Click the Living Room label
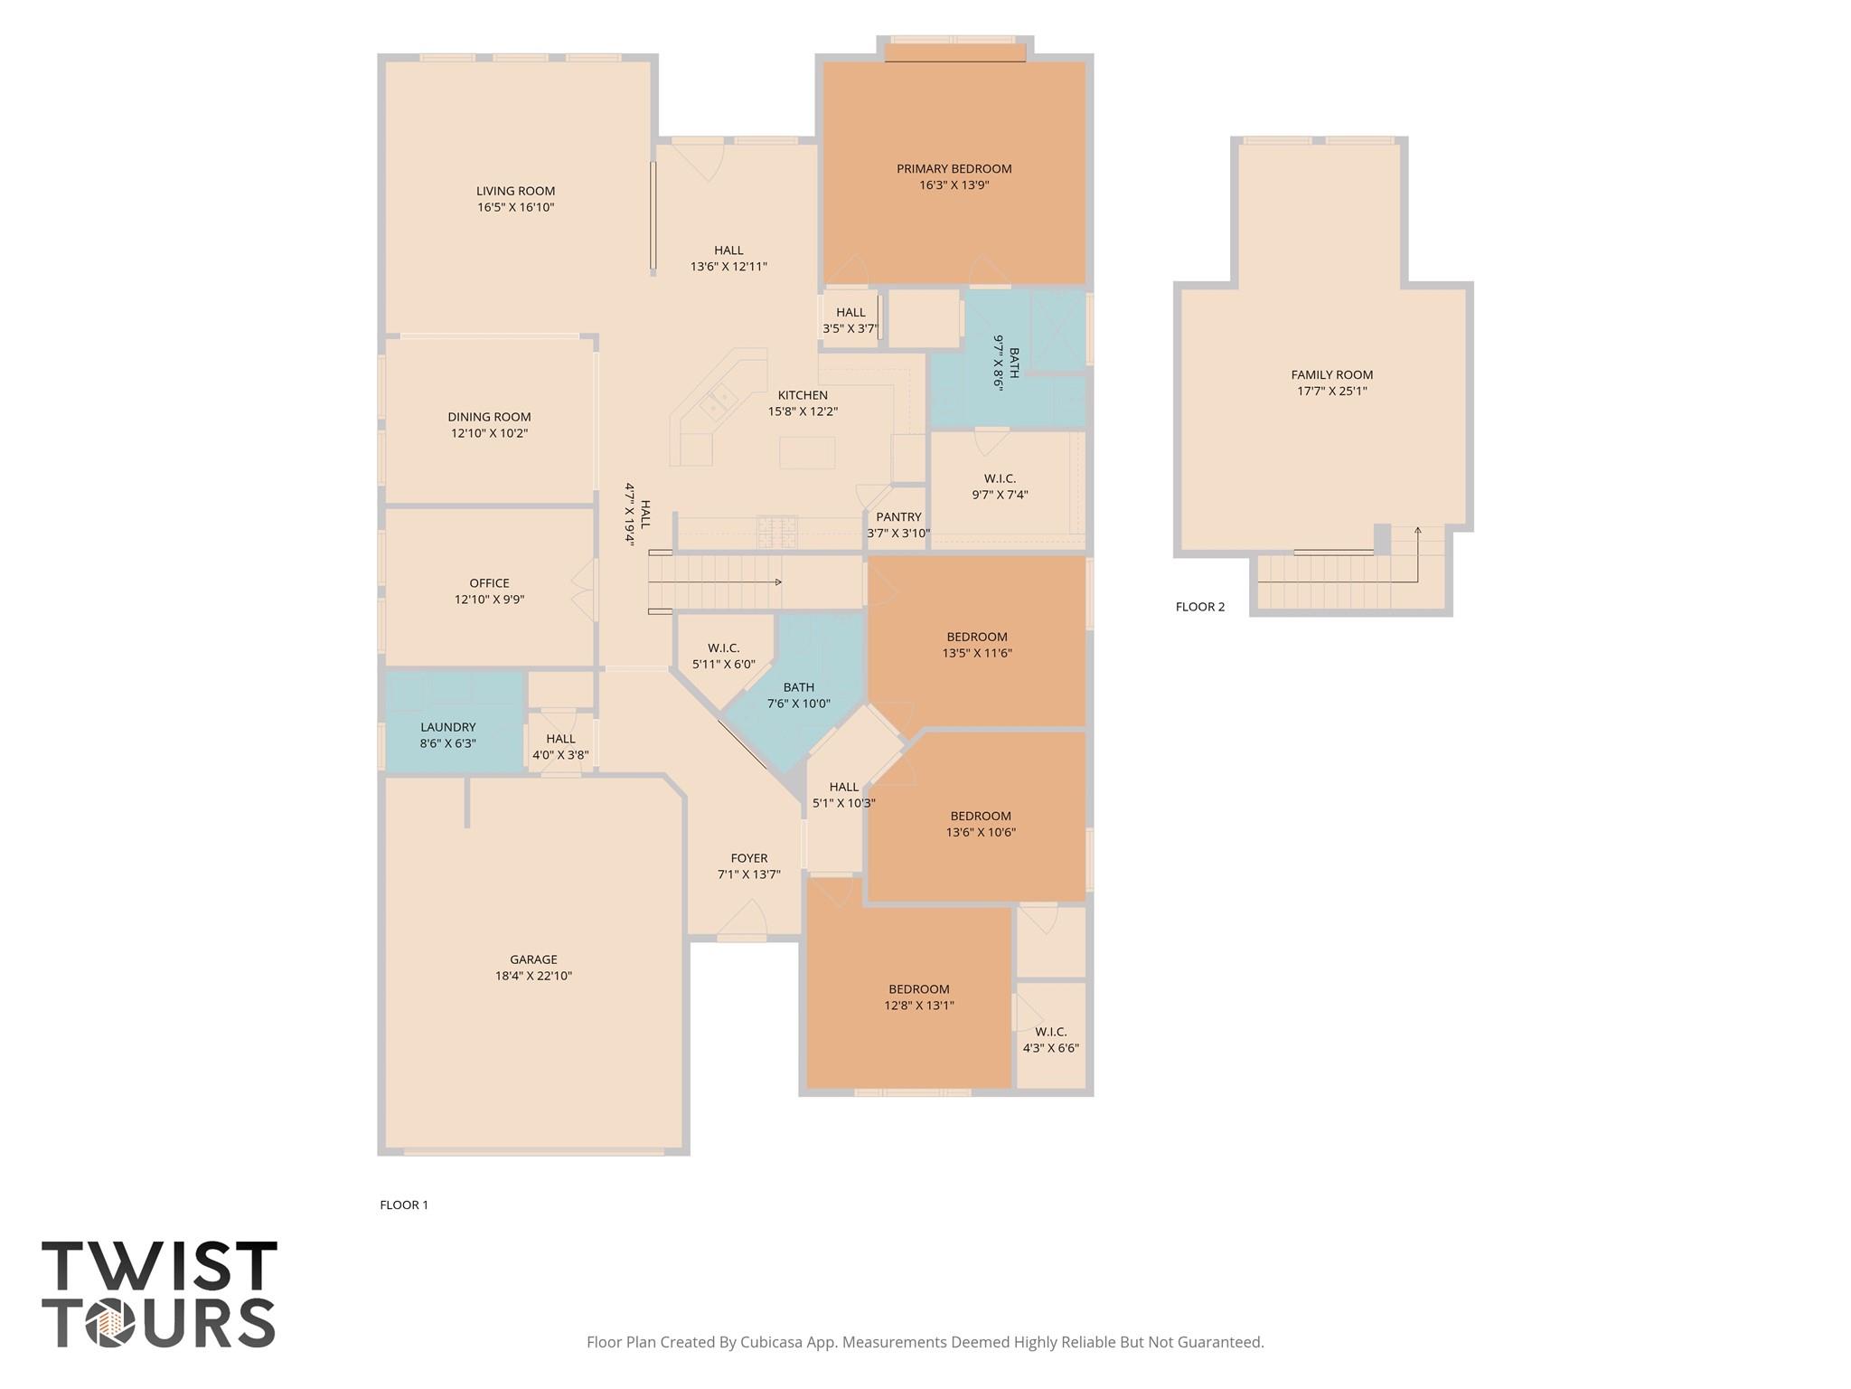click(x=515, y=191)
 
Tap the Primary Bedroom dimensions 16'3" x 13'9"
click(x=954, y=185)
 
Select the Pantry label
click(x=897, y=517)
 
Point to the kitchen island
click(x=806, y=452)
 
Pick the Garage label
click(x=533, y=959)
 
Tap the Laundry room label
click(x=447, y=727)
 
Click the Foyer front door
click(x=742, y=922)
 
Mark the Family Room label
click(x=1331, y=374)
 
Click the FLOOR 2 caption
click(x=1199, y=607)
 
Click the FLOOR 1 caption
click(x=403, y=1205)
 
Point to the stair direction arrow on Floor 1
click(x=777, y=581)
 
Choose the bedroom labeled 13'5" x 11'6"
click(x=976, y=644)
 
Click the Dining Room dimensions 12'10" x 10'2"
click(x=489, y=433)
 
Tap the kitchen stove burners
click(x=777, y=532)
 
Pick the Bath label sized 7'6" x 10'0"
click(x=798, y=687)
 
